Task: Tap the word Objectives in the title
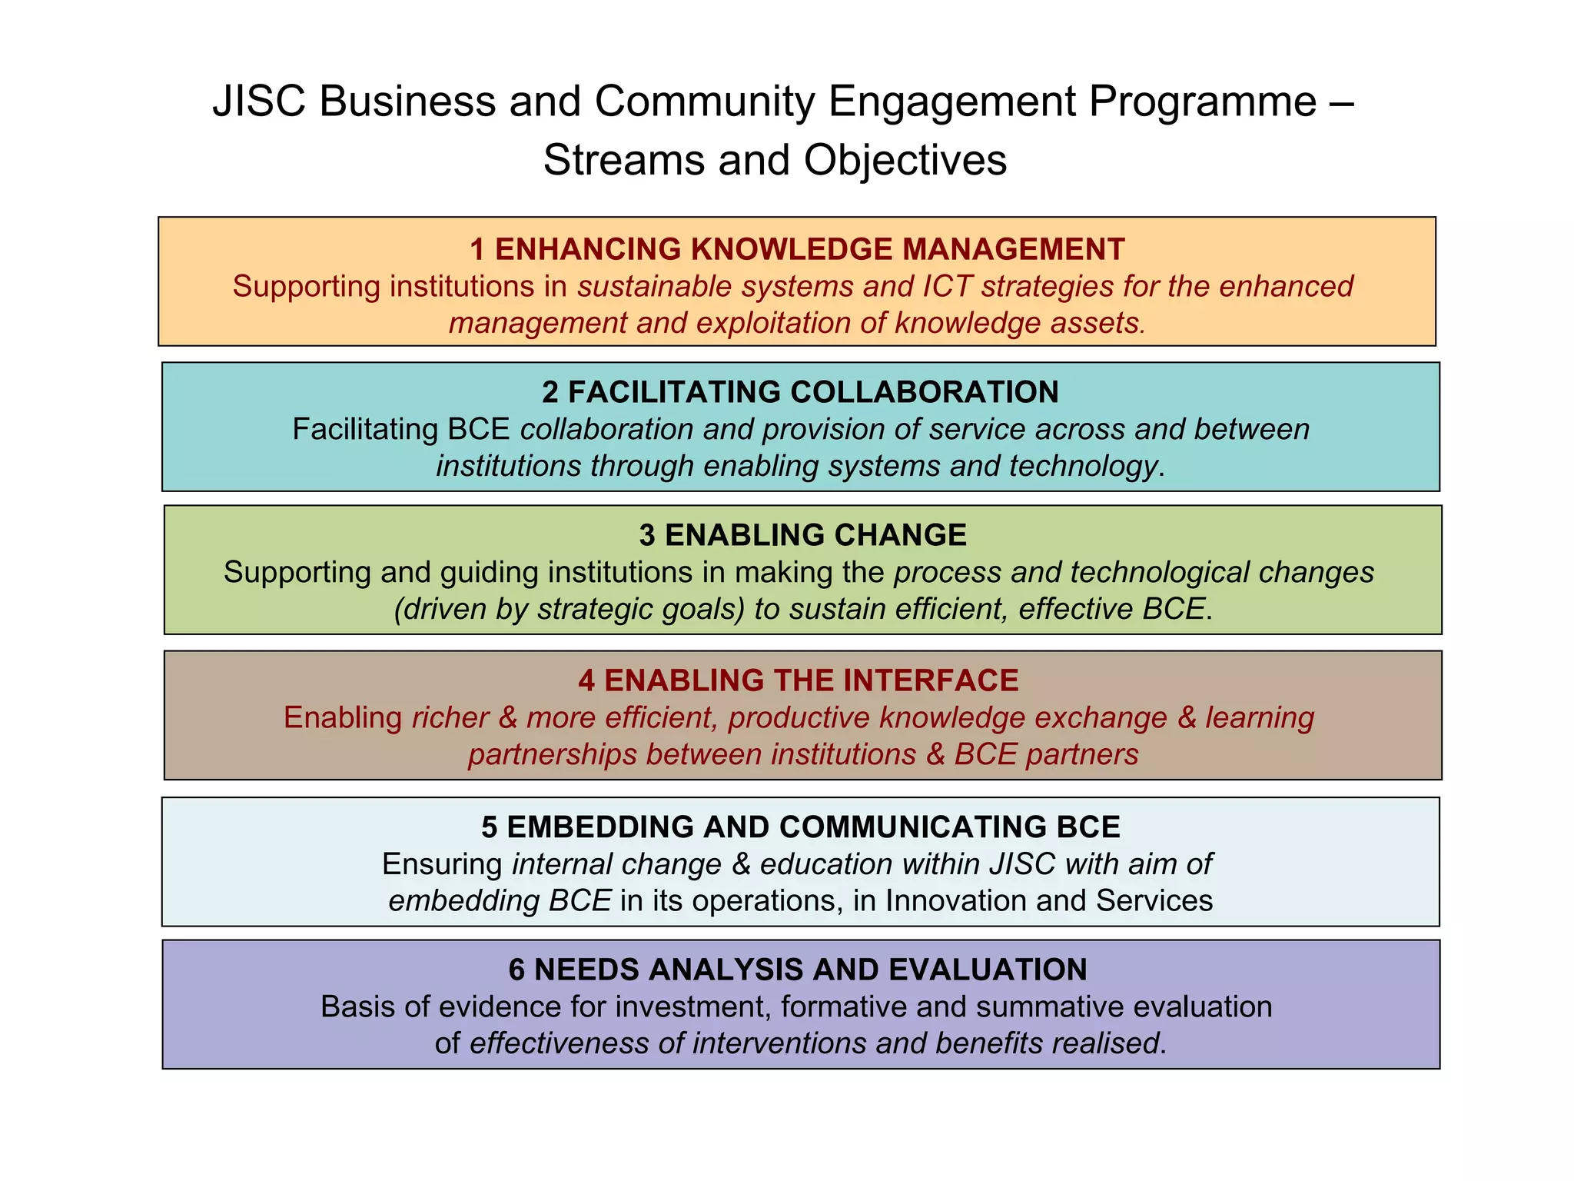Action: (905, 161)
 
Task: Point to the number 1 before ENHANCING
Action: (477, 249)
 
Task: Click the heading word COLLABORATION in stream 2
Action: (925, 392)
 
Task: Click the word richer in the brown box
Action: (450, 717)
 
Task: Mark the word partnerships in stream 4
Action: (553, 754)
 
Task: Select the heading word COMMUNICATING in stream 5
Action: (913, 827)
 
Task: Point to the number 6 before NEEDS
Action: (516, 970)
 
